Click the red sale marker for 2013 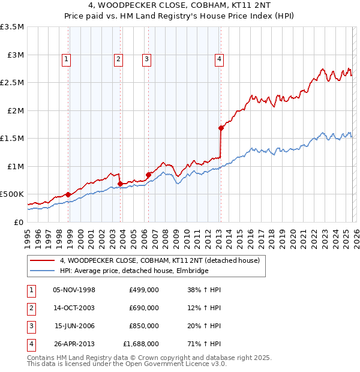tap(221, 128)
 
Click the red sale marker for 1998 tap(68, 194)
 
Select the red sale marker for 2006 tap(149, 175)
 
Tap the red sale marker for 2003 tap(121, 184)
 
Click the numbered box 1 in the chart tap(66, 59)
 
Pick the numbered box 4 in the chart tap(220, 59)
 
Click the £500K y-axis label tap(12, 194)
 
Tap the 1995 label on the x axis tap(28, 237)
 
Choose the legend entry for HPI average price tap(133, 271)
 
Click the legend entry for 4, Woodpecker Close tap(160, 260)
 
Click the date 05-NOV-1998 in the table tap(74, 290)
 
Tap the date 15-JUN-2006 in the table tap(74, 326)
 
